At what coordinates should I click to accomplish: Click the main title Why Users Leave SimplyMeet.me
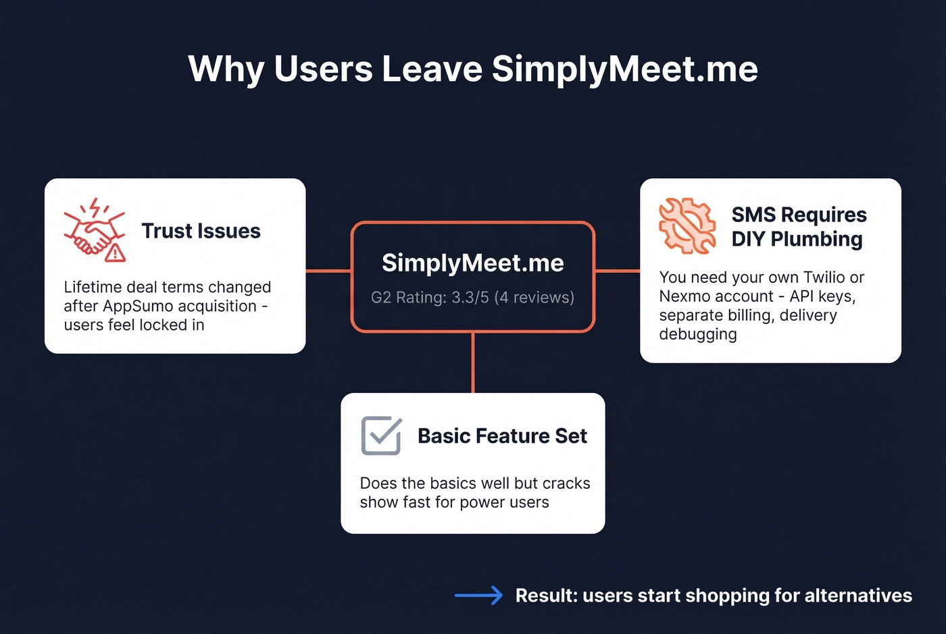coord(473,69)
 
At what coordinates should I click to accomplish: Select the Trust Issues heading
coord(201,231)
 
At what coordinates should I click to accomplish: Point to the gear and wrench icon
coord(687,226)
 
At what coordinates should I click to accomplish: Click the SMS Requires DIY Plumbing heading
coord(798,227)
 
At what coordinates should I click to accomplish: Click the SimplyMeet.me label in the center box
coord(473,263)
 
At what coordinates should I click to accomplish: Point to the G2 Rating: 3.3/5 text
coord(472,298)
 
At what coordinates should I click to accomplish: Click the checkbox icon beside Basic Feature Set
coord(381,435)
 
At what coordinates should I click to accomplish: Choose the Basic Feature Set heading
coord(502,436)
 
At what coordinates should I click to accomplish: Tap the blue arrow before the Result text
coord(478,595)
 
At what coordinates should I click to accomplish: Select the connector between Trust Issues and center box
coord(328,271)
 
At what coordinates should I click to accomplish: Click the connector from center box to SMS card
coord(618,271)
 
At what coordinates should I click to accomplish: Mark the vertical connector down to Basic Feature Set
coord(473,363)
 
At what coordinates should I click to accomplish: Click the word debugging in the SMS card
coord(698,334)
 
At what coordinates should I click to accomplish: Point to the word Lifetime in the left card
coord(93,287)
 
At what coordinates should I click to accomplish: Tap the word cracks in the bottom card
coord(566,483)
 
